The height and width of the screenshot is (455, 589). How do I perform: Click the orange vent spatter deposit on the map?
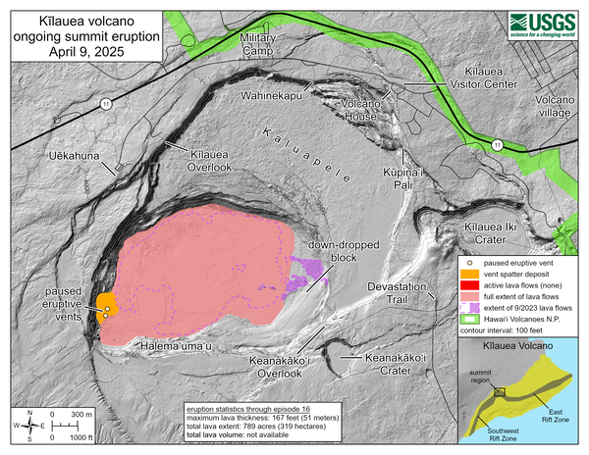(x=103, y=303)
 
